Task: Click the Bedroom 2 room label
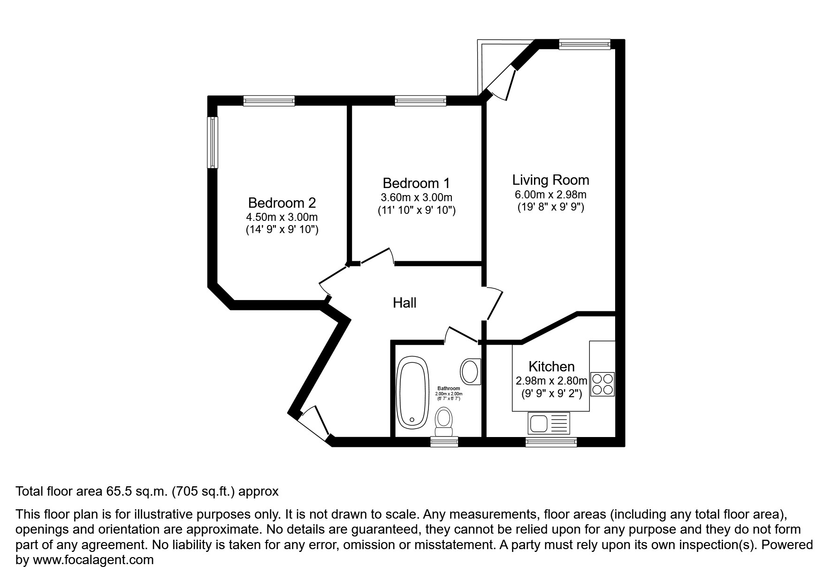click(x=282, y=203)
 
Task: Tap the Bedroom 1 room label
click(x=416, y=183)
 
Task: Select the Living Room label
click(x=550, y=180)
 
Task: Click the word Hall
click(x=404, y=303)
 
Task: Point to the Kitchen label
click(x=551, y=366)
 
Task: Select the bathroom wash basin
click(x=470, y=371)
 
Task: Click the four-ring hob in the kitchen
click(x=602, y=384)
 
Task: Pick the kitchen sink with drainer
click(x=549, y=423)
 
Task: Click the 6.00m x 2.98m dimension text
click(x=550, y=195)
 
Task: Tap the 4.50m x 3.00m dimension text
click(x=282, y=217)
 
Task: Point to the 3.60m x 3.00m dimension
click(x=416, y=197)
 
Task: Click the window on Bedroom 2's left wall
click(x=213, y=142)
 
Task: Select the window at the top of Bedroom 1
click(x=420, y=100)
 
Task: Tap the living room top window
click(x=584, y=45)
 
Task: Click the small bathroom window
click(x=444, y=441)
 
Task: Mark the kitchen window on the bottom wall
click(x=551, y=441)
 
